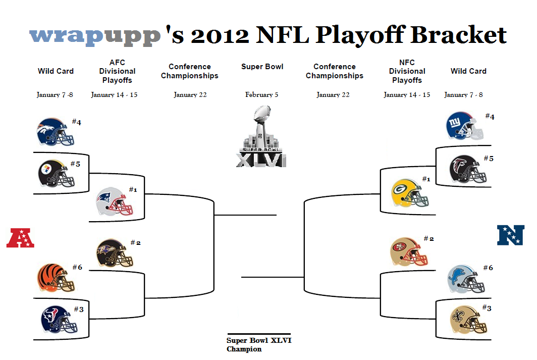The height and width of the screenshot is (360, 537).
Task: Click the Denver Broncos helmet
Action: click(55, 132)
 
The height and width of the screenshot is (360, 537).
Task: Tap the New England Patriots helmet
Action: click(115, 202)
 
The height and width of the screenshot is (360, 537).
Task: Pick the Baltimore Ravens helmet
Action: click(115, 253)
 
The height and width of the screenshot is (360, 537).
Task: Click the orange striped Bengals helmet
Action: click(56, 278)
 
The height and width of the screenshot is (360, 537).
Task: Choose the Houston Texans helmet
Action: click(59, 320)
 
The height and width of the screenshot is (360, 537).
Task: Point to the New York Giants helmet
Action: click(465, 126)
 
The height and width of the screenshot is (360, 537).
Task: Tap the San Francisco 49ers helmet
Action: click(409, 252)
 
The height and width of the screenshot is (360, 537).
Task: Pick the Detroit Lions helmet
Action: click(466, 279)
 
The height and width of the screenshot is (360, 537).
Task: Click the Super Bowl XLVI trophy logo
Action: click(261, 136)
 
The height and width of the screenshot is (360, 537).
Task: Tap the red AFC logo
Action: click(20, 238)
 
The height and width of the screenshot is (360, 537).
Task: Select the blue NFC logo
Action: click(511, 235)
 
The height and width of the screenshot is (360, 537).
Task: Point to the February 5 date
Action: click(261, 94)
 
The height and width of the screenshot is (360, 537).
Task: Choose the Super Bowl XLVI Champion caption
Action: click(259, 344)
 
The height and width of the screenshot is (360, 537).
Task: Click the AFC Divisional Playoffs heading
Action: click(117, 71)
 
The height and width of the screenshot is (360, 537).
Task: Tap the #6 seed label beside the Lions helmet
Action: click(488, 268)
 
